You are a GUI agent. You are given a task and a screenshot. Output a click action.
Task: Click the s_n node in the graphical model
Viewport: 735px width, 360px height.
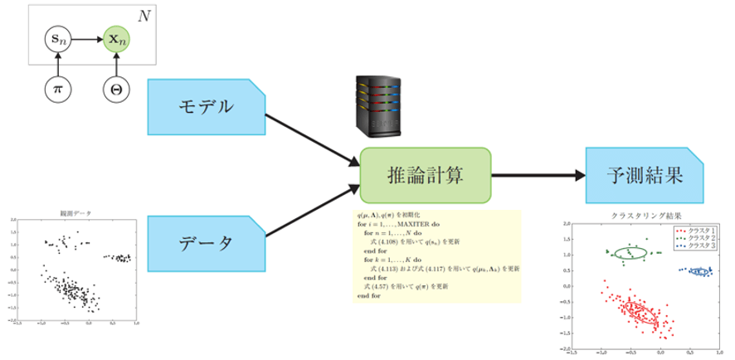coord(57,38)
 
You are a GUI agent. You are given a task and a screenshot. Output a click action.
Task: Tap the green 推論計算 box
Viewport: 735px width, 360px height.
coord(426,175)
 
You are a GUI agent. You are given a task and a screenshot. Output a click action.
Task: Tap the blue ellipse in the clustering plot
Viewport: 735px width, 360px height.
coord(698,271)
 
